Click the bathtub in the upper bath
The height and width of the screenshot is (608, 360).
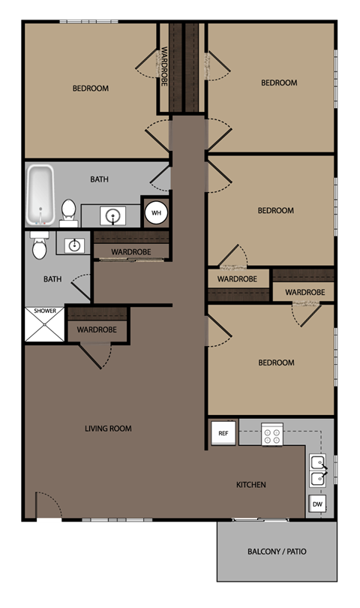coord(42,195)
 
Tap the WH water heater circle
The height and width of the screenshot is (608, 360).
coord(156,212)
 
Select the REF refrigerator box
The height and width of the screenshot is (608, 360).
coord(223,433)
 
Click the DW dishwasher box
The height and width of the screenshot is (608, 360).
coord(317,504)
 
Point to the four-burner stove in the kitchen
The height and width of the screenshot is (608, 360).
coord(271,433)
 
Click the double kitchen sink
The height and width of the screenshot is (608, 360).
coord(317,470)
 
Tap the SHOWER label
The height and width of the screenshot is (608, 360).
coord(44,311)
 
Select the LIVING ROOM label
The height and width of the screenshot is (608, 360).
coord(108,429)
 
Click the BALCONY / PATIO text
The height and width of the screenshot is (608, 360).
coord(276,552)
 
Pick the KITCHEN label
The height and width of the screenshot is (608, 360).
coord(251,485)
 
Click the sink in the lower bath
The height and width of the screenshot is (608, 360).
coord(74,245)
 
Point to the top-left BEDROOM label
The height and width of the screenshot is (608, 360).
coord(90,89)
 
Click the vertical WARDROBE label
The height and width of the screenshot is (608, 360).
coord(164,66)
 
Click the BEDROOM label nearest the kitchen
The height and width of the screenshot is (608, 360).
coord(276,363)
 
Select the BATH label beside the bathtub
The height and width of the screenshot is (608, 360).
coord(99,179)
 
